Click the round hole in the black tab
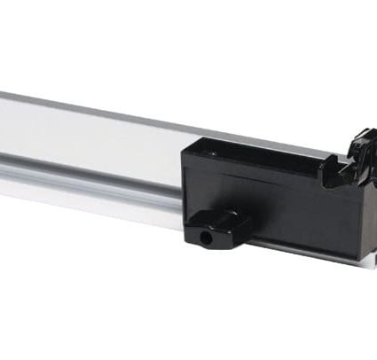click(x=208, y=239)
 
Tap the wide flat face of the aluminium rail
click(x=89, y=133)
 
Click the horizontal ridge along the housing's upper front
click(x=266, y=177)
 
